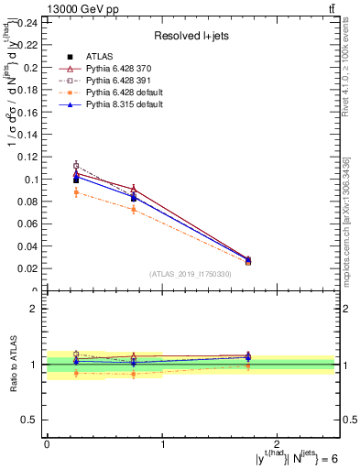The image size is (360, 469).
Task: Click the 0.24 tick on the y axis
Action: click(29, 23)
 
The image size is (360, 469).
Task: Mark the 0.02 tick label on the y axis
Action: click(29, 269)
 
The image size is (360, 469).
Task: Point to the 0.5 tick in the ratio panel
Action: click(32, 420)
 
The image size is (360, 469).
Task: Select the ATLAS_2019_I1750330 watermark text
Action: click(190, 274)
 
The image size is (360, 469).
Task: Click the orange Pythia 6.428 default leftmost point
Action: click(76, 191)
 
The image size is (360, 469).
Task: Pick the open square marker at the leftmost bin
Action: click(76, 166)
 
